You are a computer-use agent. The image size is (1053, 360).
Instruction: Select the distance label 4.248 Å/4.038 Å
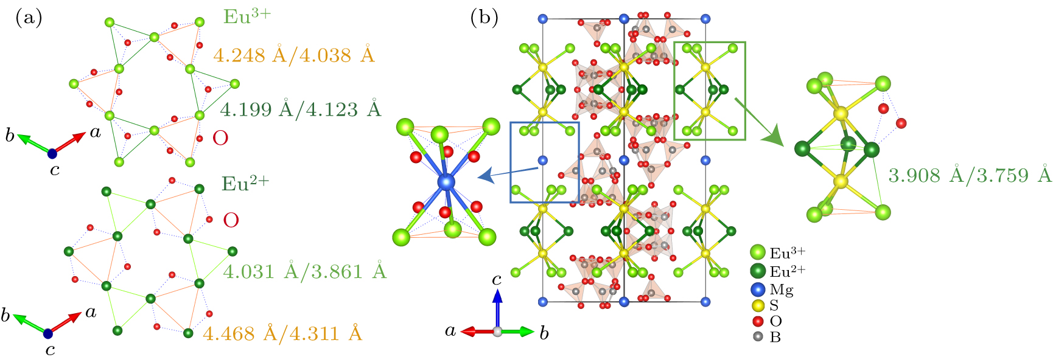(x=294, y=55)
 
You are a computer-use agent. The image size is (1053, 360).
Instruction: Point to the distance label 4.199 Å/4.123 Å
(x=300, y=109)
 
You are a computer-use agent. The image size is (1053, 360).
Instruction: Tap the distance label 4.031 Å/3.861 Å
(x=304, y=271)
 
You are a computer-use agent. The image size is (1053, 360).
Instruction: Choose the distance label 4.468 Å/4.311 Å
(x=282, y=333)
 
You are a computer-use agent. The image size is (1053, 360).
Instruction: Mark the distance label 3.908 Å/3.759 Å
(x=970, y=175)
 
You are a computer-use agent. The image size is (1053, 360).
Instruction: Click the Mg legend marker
(x=758, y=290)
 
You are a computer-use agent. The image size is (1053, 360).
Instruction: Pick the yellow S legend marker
(x=758, y=306)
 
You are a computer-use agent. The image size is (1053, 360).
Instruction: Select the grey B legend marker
(x=758, y=336)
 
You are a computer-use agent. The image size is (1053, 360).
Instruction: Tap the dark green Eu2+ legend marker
(x=758, y=271)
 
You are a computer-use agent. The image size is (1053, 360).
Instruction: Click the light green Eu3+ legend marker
(x=758, y=252)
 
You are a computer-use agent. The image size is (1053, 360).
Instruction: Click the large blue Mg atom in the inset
(x=446, y=181)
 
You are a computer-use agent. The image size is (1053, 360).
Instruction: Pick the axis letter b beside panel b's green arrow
(x=544, y=333)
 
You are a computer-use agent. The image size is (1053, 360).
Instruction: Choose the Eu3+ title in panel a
(x=247, y=16)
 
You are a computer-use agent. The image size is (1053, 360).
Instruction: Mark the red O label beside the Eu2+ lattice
(x=231, y=220)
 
